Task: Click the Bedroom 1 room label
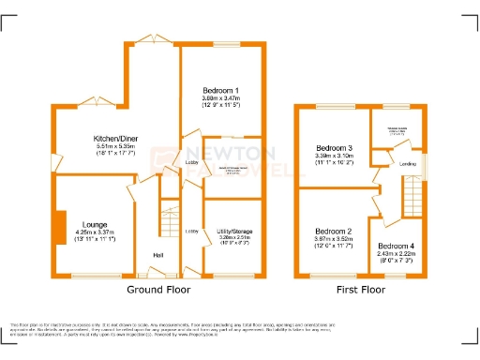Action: point(221,89)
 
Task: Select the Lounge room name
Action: point(95,225)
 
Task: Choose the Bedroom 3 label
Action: point(335,149)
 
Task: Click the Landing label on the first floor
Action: point(408,165)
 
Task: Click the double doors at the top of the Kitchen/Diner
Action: point(150,38)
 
